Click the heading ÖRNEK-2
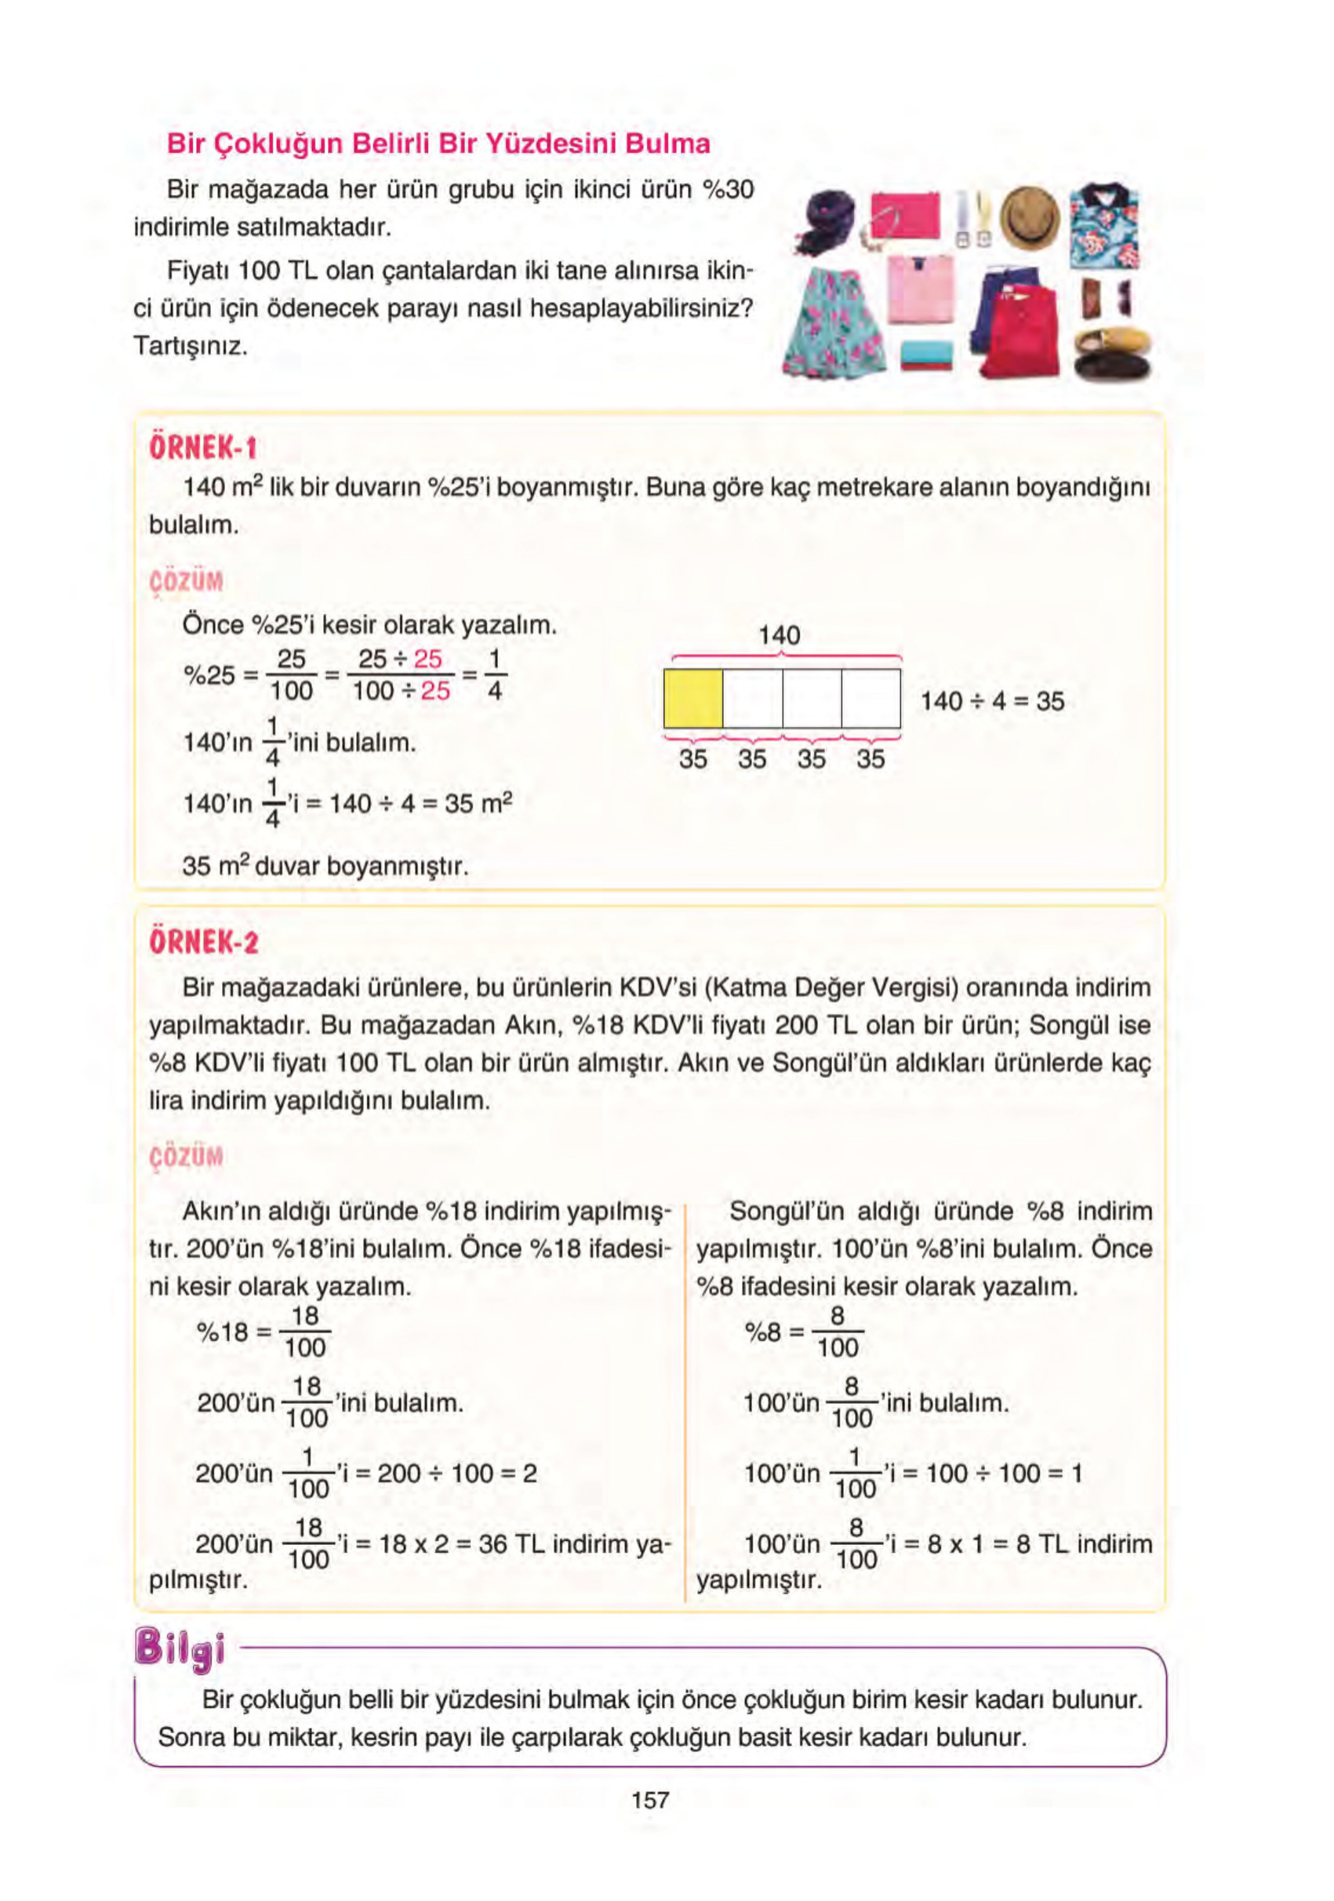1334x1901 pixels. click(x=204, y=942)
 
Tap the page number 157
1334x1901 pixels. click(x=650, y=1799)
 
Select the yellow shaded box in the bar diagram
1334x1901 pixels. click(x=693, y=699)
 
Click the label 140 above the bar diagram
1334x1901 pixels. click(x=780, y=635)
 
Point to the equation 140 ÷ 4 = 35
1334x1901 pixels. click(x=992, y=701)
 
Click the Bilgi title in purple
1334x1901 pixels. click(x=180, y=1648)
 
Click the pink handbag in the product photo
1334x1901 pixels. click(x=905, y=213)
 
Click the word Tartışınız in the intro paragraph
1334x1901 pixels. click(x=191, y=346)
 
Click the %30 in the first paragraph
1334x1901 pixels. click(x=727, y=190)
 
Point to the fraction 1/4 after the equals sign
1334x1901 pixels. click(x=494, y=674)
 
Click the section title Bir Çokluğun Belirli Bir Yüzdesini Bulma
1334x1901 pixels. click(x=438, y=144)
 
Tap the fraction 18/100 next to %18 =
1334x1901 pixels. click(x=305, y=1332)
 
